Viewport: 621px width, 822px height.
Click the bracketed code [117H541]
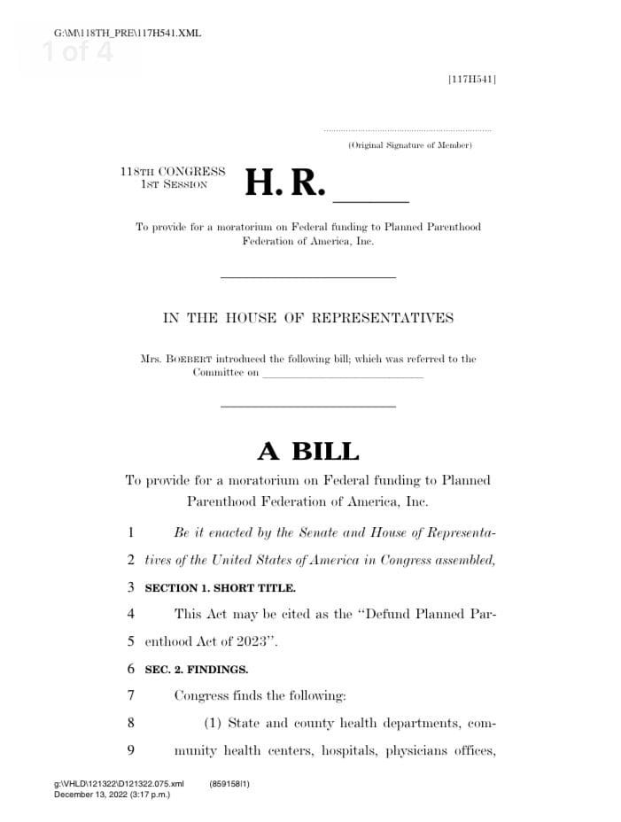click(472, 80)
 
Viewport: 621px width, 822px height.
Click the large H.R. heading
click(285, 182)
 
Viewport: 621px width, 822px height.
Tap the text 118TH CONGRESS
click(173, 171)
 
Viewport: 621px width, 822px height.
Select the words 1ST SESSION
click(174, 184)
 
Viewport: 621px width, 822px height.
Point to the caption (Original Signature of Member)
click(410, 144)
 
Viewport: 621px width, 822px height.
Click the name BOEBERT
click(187, 360)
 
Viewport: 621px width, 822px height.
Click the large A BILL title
click(308, 451)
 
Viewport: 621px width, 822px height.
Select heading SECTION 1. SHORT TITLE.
click(221, 587)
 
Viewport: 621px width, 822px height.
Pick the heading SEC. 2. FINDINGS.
click(197, 670)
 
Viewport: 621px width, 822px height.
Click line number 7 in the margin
click(130, 696)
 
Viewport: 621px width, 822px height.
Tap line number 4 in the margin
click(130, 614)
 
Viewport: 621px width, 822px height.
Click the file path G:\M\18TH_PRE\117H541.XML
click(128, 34)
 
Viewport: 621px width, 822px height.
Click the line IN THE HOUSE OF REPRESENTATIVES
click(307, 319)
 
